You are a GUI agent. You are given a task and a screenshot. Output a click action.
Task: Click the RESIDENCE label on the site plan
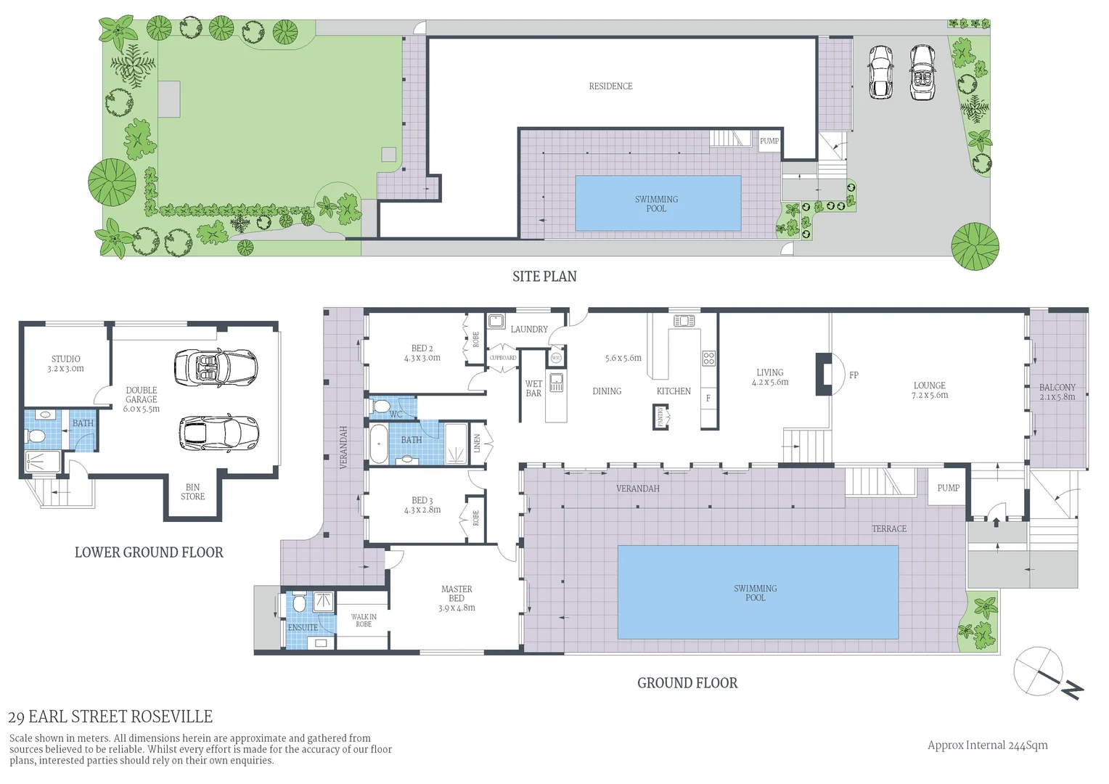point(610,86)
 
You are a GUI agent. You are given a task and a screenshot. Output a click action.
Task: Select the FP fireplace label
point(854,375)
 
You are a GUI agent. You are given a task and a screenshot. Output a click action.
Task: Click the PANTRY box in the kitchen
point(660,417)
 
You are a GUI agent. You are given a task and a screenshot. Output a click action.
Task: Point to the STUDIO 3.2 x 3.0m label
point(66,364)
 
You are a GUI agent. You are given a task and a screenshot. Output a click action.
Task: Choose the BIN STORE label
point(192,492)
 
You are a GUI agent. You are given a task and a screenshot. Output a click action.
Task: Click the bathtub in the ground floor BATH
point(379,443)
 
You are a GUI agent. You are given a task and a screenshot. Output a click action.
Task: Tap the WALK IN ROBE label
point(364,621)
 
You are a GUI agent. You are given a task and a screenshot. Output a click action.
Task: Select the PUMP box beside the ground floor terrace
point(948,488)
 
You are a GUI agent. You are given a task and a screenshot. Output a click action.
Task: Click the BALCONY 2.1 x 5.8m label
point(1057,392)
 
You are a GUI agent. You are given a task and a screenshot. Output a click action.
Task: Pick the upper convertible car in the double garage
point(206,367)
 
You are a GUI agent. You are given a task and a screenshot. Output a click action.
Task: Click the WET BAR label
point(533,388)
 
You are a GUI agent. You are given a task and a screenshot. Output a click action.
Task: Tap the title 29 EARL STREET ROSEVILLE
point(110,717)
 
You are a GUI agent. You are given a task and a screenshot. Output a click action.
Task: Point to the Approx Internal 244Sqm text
point(987,745)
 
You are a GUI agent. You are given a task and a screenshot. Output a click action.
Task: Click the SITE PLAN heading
point(544,277)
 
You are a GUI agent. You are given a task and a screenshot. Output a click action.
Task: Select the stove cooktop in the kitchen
point(708,358)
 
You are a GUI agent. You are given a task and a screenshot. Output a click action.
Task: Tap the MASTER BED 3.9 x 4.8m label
point(457,599)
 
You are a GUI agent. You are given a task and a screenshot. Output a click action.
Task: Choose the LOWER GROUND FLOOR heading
point(149,552)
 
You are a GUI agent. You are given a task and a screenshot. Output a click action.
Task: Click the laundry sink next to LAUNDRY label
point(496,321)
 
